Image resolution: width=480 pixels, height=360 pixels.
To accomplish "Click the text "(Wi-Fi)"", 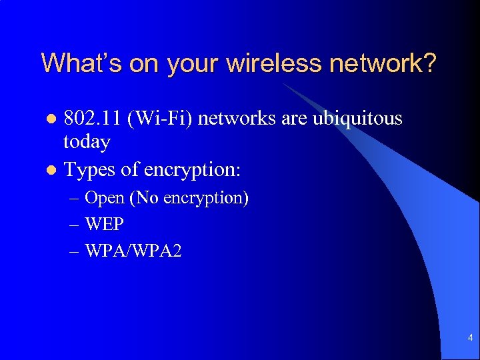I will point(161,119).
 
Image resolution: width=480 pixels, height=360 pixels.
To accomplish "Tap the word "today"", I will point(87,141).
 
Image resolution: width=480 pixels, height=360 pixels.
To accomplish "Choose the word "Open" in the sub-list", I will point(105,199).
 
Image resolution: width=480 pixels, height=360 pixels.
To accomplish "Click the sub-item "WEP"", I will point(105,225).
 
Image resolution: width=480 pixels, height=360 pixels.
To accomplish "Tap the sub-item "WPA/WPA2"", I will point(133,251).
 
